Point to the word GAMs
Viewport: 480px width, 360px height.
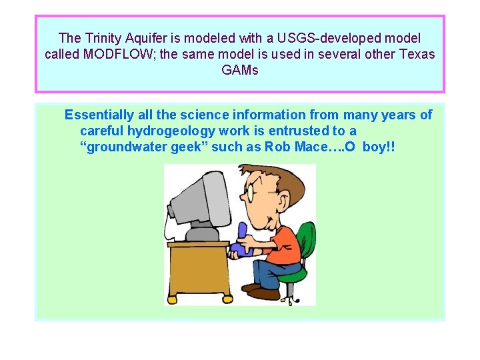[x=239, y=70]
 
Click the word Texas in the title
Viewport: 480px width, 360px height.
[x=415, y=54]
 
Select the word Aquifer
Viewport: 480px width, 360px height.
[x=148, y=38]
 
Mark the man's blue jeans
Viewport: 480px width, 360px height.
[x=270, y=271]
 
